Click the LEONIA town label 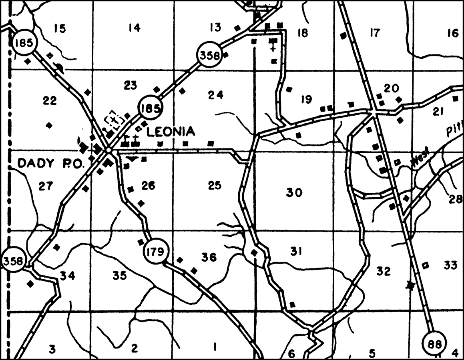pyautogui.click(x=171, y=131)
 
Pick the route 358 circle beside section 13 pyautogui.click(x=209, y=55)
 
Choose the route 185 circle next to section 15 pyautogui.click(x=24, y=42)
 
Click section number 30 pyautogui.click(x=294, y=193)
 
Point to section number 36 pyautogui.click(x=209, y=257)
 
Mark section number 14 pyautogui.click(x=135, y=28)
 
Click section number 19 pyautogui.click(x=306, y=99)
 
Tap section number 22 pyautogui.click(x=50, y=101)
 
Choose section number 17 pyautogui.click(x=374, y=33)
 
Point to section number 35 pyautogui.click(x=119, y=275)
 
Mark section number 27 pyautogui.click(x=45, y=186)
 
